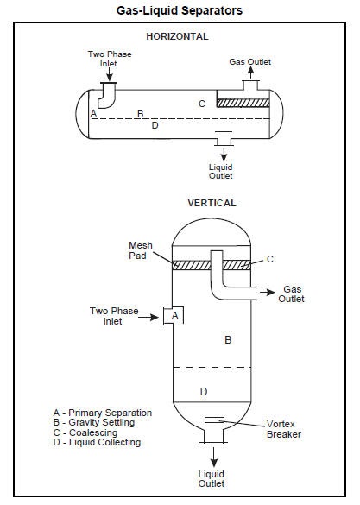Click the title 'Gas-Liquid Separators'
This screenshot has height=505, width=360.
coord(180,10)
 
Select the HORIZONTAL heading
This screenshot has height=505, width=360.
coord(177,37)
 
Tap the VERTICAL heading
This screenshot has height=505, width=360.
coord(212,204)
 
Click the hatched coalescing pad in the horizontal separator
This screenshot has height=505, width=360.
coord(249,103)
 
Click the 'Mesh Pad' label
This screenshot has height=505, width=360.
coord(140,250)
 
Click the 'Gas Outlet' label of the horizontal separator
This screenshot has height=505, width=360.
coord(249,62)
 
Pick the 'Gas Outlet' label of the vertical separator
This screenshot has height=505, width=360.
coord(291,294)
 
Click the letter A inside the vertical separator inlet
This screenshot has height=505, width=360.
coord(175,317)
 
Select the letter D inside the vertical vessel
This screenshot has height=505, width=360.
coord(204,392)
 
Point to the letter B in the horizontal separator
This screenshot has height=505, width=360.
coord(140,113)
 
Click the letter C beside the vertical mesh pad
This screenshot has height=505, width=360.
coord(269,259)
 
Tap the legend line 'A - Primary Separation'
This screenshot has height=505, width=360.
coord(102,413)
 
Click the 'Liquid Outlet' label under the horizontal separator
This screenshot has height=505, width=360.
coord(220,171)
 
